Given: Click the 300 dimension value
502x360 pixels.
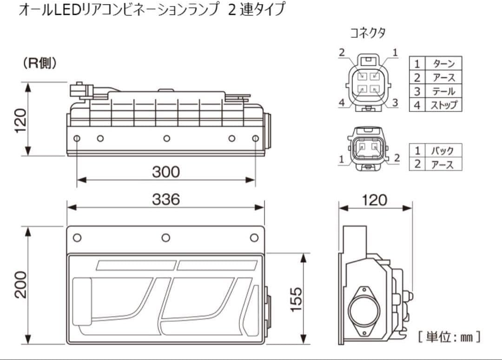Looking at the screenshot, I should coord(166,172).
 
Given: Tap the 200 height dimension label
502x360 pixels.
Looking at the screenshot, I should coord(20,284).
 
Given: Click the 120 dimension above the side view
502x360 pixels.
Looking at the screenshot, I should coord(375,200).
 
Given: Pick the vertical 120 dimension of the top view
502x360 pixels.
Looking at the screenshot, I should coord(20,120).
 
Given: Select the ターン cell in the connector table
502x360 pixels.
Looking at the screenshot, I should coord(443,64).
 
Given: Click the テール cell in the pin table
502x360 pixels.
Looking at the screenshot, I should coord(443,91).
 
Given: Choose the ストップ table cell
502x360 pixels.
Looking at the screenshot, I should coord(443,105).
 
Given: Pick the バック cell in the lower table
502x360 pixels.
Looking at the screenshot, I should coord(443,151).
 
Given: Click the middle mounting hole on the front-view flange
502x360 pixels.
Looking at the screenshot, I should coord(166,238).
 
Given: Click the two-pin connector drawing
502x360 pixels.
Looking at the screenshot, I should coord(368,148).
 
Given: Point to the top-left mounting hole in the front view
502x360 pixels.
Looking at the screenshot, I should coord(77,238).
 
